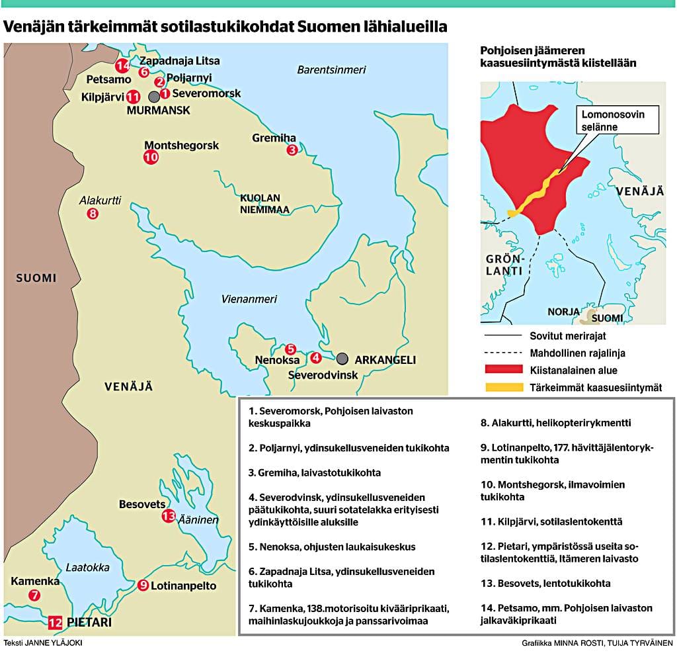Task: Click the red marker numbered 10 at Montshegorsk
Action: (x=151, y=157)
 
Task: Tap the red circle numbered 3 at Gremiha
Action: (x=292, y=150)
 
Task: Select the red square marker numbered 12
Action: (x=56, y=622)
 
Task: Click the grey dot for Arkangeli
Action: (x=342, y=359)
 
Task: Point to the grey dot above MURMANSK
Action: (x=154, y=97)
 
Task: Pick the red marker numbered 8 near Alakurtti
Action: (x=93, y=213)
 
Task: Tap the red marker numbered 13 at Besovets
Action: (x=168, y=517)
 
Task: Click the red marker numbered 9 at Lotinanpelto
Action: (x=143, y=585)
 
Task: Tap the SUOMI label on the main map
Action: (x=36, y=278)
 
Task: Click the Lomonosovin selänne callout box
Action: (x=612, y=120)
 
